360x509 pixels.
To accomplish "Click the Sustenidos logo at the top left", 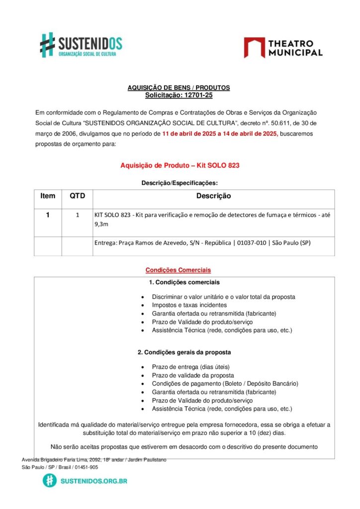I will coord(81,45).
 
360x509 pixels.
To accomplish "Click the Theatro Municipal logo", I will coord(283,48).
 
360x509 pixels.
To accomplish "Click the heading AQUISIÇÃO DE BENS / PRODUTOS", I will coord(179,88).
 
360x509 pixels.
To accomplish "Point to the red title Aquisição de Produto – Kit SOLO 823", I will coord(180,166).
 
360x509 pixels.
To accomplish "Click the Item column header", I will coord(48,196).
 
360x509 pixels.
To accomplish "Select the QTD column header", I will coord(77,196).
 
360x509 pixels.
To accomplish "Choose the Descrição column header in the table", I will coord(213,196).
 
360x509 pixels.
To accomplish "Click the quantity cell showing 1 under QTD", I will coord(77,215).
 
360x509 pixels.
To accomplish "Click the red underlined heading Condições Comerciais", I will coord(178,270).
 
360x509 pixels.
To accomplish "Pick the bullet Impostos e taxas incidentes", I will coord(189,305).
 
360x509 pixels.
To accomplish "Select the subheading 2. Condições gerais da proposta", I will coord(184,352).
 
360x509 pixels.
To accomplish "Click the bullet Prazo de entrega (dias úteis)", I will coord(191,367).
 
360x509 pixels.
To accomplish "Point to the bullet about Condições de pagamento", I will coord(225,384).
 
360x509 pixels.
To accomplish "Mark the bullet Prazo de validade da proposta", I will coord(193,375).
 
